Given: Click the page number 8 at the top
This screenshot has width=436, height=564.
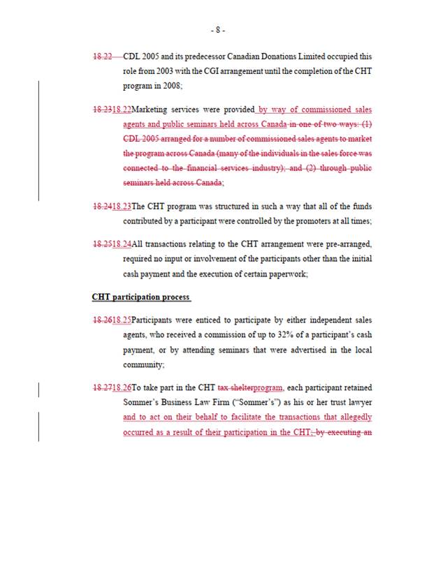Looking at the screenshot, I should pos(218,30).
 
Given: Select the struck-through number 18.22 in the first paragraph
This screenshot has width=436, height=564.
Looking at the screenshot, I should pos(102,57).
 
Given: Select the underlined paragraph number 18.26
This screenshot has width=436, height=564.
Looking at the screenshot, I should pos(122,387).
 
